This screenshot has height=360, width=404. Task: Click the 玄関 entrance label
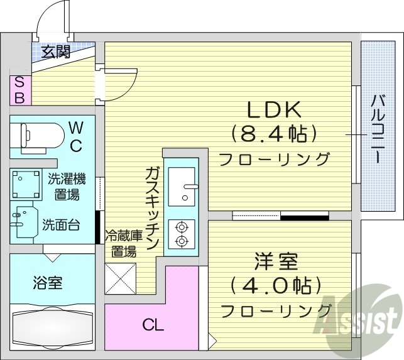pyautogui.click(x=56, y=52)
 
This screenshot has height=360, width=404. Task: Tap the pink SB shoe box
pyautogui.click(x=19, y=90)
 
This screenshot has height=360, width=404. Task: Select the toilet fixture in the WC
pyautogui.click(x=41, y=134)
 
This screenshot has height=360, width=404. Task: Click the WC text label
pyautogui.click(x=75, y=136)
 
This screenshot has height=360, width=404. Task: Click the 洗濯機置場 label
pyautogui.click(x=67, y=187)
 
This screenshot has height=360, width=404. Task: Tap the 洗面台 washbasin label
pyautogui.click(x=61, y=224)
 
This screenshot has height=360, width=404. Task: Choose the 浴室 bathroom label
pyautogui.click(x=47, y=283)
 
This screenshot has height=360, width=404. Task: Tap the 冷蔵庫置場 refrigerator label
pyautogui.click(x=120, y=244)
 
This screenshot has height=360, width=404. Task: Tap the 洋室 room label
pyautogui.click(x=276, y=261)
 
